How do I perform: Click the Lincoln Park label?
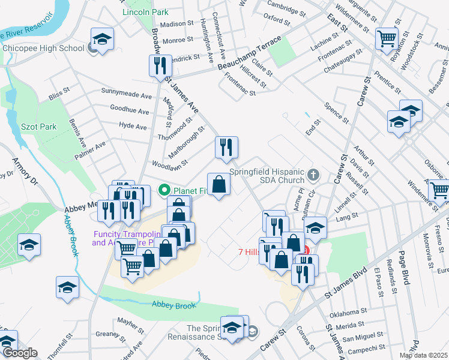[145, 12]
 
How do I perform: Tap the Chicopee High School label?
[43, 49]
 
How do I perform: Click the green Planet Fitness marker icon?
[163, 191]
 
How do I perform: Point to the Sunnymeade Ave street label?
[127, 95]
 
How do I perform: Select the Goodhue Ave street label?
[129, 111]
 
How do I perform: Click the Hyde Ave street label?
[133, 127]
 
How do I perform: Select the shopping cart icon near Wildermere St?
[387, 38]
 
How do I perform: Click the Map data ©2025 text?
[423, 355]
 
